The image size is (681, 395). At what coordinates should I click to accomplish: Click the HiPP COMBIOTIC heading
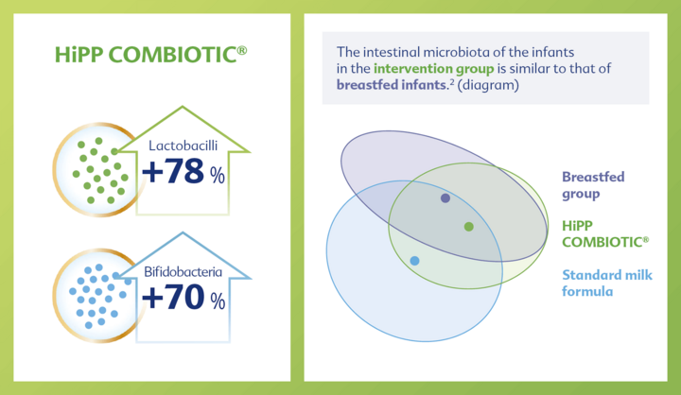pyautogui.click(x=150, y=55)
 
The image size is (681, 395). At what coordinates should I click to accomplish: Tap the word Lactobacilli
pyautogui.click(x=183, y=146)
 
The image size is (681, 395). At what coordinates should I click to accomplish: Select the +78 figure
pyautogui.click(x=173, y=171)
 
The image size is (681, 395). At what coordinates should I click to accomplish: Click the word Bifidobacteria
pyautogui.click(x=183, y=272)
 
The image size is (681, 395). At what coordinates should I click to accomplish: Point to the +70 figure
pyautogui.click(x=173, y=297)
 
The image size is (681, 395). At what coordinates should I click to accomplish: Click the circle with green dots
pyautogui.click(x=97, y=170)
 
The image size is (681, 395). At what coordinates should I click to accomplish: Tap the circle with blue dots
pyautogui.click(x=97, y=296)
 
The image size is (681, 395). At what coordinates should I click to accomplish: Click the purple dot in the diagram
pyautogui.click(x=445, y=198)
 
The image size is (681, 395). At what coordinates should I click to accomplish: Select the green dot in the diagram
pyautogui.click(x=468, y=227)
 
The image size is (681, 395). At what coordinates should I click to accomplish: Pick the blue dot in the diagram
pyautogui.click(x=414, y=261)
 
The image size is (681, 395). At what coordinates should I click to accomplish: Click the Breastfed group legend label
pyautogui.click(x=593, y=185)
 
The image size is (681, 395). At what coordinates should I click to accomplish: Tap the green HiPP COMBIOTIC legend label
pyautogui.click(x=605, y=234)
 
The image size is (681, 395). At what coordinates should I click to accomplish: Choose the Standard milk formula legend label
pyautogui.click(x=607, y=283)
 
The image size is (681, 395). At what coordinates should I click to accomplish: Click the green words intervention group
pyautogui.click(x=433, y=69)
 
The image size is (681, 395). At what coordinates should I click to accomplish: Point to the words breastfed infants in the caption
pyautogui.click(x=392, y=85)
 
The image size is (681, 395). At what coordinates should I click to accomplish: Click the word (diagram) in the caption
pyautogui.click(x=488, y=85)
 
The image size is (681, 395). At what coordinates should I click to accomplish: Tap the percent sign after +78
pyautogui.click(x=218, y=176)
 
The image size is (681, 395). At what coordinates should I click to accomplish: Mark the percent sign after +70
pyautogui.click(x=218, y=301)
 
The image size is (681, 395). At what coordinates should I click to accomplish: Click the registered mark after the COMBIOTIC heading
pyautogui.click(x=242, y=50)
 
